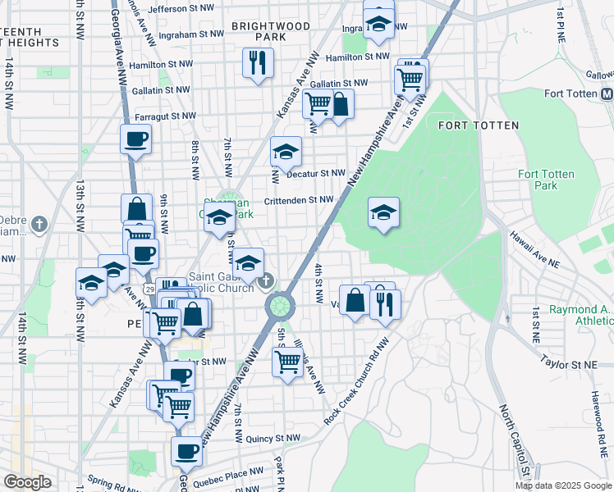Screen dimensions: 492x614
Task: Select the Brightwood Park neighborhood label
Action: pyautogui.click(x=270, y=31)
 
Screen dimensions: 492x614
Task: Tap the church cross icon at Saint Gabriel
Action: pyautogui.click(x=264, y=283)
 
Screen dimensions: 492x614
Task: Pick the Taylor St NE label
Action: pyautogui.click(x=566, y=360)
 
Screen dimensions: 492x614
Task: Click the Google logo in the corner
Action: pyautogui.click(x=26, y=482)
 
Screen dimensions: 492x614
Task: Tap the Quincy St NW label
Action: pyautogui.click(x=272, y=439)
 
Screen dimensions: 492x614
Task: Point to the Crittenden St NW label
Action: pyautogui.click(x=298, y=199)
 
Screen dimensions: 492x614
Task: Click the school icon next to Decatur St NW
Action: pyautogui.click(x=286, y=151)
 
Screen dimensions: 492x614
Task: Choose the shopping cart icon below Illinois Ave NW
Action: pyautogui.click(x=288, y=360)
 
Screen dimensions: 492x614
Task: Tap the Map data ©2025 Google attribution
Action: pyautogui.click(x=563, y=485)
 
